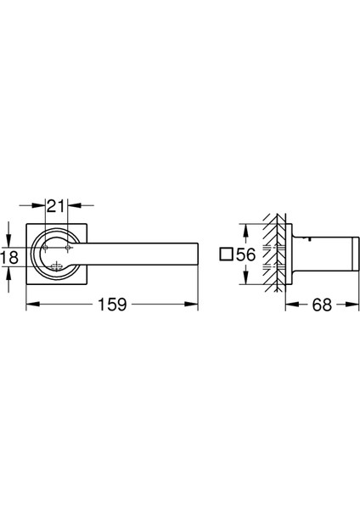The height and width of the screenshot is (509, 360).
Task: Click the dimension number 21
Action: [56, 206]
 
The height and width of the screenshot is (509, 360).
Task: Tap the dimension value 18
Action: [8, 257]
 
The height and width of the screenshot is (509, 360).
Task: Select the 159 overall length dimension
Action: [112, 305]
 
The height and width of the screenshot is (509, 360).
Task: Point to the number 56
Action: [246, 255]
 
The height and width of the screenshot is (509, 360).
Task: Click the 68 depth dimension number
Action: [322, 305]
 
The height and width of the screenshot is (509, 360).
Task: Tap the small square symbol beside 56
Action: [226, 254]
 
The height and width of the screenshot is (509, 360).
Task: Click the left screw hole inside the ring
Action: [45, 248]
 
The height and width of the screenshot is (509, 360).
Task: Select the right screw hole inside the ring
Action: [68, 248]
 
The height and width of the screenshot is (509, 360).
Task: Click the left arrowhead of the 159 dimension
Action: [33, 305]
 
